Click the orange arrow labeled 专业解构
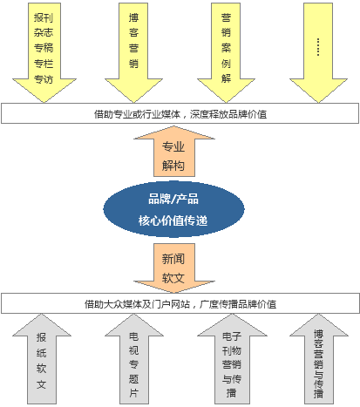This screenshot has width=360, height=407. tap(174, 151)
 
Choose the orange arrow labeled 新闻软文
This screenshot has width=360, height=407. tap(174, 268)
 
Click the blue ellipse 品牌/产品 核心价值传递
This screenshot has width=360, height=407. tap(173, 209)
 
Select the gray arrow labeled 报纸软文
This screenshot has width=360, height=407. tap(42, 359)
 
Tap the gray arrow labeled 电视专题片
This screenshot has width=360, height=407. tap(134, 359)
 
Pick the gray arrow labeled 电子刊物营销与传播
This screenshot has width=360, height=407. tap(232, 359)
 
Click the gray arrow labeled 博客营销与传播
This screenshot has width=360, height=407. tap(319, 359)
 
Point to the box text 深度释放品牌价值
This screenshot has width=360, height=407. tap(228, 114)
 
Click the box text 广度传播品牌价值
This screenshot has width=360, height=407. tap(238, 304)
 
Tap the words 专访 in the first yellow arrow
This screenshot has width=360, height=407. tap(44, 79)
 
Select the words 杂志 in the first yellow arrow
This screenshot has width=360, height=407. tap(44, 32)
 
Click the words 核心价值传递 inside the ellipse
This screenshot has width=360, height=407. tap(173, 220)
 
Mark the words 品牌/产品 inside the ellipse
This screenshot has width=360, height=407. tap(173, 200)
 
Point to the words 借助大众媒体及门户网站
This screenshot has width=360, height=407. tap(137, 304)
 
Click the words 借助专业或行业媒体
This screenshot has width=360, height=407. tap(137, 114)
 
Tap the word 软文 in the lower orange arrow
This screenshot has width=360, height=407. tap(173, 278)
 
